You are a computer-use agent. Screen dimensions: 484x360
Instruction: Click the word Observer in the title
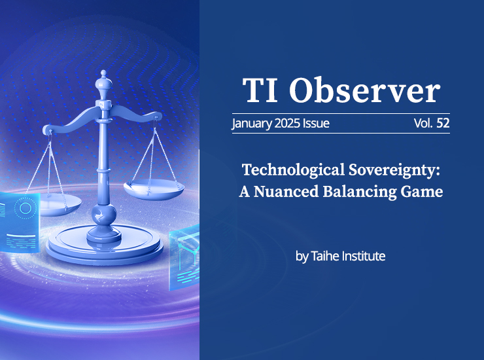point(364,90)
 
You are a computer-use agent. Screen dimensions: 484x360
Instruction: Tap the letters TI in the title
point(260,90)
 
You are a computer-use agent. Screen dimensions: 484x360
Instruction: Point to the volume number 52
point(443,123)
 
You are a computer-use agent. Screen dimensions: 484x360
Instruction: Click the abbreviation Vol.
point(424,123)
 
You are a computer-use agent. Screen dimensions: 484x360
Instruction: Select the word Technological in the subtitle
point(293,170)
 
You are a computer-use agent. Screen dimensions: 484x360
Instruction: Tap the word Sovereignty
point(394,170)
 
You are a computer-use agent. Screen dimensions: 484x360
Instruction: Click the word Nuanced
point(286,192)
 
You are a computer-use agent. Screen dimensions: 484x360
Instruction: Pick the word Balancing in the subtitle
point(360,192)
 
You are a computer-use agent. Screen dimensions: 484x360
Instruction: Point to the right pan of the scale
point(154,189)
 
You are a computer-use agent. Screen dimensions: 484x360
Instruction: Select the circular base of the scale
point(105,244)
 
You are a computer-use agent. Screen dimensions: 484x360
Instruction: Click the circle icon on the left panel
point(25,208)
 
